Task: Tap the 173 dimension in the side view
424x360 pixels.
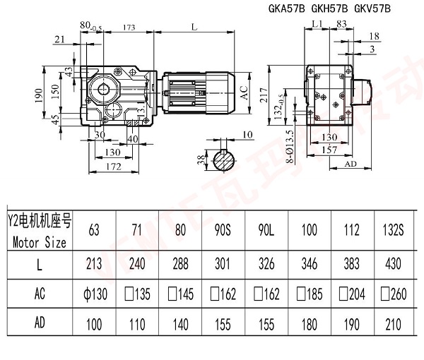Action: pyautogui.click(x=129, y=27)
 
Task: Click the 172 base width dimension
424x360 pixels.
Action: pyautogui.click(x=105, y=166)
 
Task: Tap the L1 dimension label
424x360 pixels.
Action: pyautogui.click(x=316, y=24)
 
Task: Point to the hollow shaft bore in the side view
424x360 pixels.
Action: pyautogui.click(x=105, y=88)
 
